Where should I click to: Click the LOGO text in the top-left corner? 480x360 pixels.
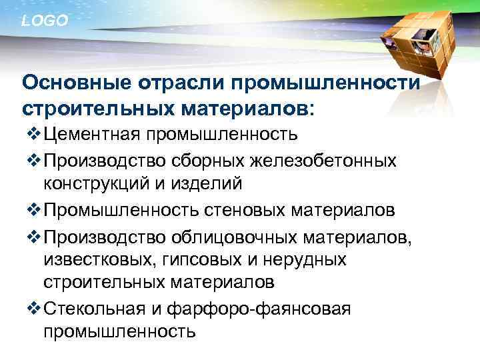click(x=45, y=21)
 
